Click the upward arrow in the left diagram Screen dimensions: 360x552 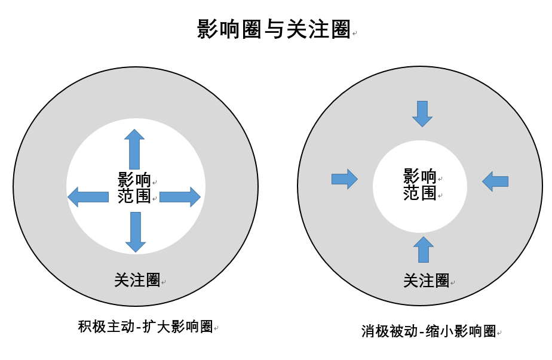[134, 149]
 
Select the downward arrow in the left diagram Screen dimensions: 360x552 [135, 232]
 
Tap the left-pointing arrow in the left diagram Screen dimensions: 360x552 [88, 196]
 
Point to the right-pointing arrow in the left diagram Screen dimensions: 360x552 [180, 196]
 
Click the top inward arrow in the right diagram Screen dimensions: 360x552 [422, 113]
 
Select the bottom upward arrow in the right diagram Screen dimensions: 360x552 [424, 250]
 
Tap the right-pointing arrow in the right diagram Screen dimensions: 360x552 [344, 179]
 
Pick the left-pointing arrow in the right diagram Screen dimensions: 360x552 [495, 181]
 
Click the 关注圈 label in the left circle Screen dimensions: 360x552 [137, 279]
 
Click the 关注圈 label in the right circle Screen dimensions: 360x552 [426, 280]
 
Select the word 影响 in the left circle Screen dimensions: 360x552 [134, 179]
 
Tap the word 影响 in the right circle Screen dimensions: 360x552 [420, 176]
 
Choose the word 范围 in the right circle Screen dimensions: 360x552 [420, 193]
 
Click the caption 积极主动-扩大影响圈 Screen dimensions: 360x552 [145, 327]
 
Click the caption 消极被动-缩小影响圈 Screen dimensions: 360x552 [428, 331]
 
